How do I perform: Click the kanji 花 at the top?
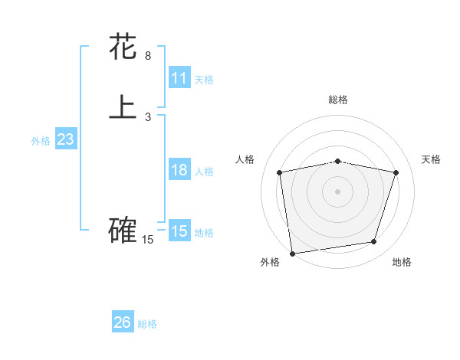[x=123, y=47]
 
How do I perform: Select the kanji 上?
[x=123, y=107]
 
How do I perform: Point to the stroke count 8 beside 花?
[x=148, y=56]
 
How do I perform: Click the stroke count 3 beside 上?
[x=148, y=117]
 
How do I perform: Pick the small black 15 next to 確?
[x=148, y=240]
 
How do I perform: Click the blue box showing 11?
[x=179, y=78]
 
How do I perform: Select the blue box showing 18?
[x=179, y=170]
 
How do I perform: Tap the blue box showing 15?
[x=179, y=231]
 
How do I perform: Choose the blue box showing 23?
[x=66, y=139]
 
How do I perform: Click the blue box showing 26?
[x=123, y=322]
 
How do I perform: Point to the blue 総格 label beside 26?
[x=147, y=324]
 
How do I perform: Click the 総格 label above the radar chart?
[x=338, y=100]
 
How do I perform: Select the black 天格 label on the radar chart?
[x=431, y=159]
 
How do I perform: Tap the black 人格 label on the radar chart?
[x=245, y=159]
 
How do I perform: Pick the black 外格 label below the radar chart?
[x=270, y=263]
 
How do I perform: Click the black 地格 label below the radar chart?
[x=402, y=263]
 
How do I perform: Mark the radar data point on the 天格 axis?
[x=396, y=172]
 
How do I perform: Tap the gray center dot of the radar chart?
[x=338, y=191]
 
